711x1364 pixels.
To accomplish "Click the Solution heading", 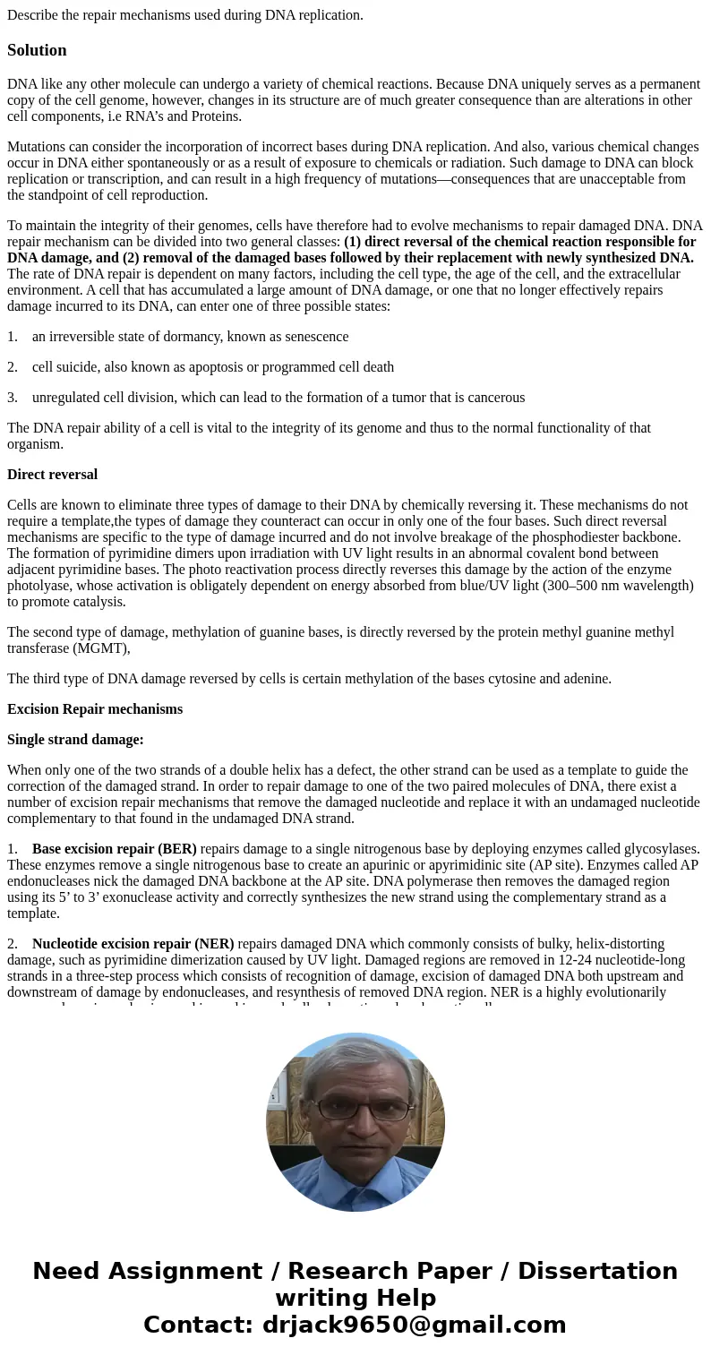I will (37, 50).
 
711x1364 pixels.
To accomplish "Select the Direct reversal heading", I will (52, 475).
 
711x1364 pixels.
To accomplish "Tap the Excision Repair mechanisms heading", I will (95, 709).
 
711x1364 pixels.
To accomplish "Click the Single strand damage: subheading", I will (75, 740).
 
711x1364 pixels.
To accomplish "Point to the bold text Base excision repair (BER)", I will (114, 849).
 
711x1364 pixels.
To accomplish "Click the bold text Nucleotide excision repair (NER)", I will (133, 944).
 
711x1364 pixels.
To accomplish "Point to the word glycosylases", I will (661, 849).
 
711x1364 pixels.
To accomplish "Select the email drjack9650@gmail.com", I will (414, 1325).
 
